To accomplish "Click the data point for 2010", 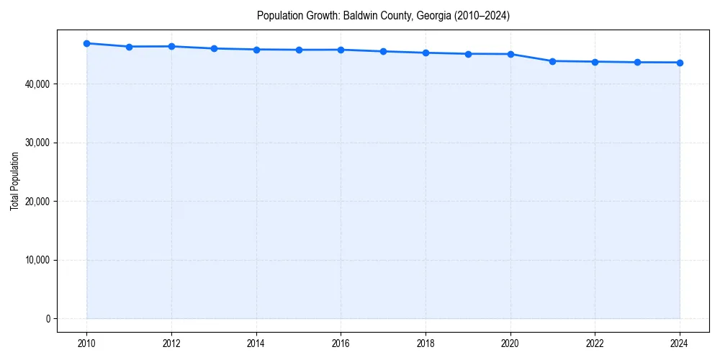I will point(87,43).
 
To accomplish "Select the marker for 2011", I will point(129,47).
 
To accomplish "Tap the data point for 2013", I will point(214,48).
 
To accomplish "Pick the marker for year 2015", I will point(299,50).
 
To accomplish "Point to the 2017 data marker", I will point(383,51).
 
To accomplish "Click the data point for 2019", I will point(468,54).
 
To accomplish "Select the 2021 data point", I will point(552,61).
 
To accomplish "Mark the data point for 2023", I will point(637,62).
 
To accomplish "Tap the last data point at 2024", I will point(680,63).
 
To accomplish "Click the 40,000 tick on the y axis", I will point(35,84).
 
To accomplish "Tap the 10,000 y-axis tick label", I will point(35,260).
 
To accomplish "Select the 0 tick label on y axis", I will point(47,319).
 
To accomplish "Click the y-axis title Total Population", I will point(14,181).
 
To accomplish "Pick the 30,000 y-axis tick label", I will point(35,143).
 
